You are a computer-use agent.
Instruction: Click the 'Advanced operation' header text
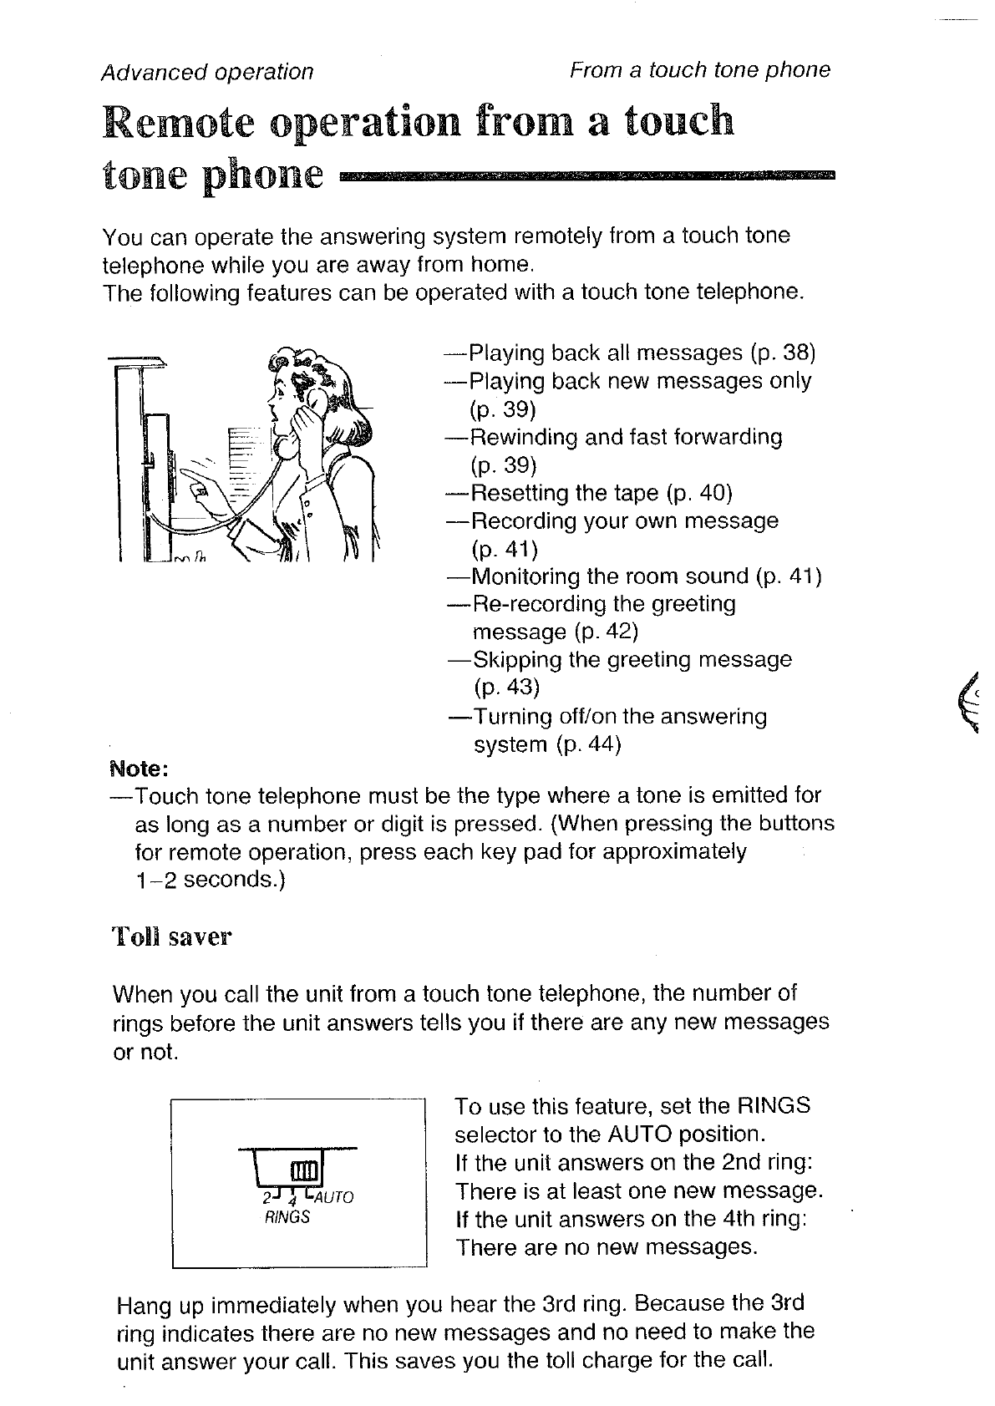206,72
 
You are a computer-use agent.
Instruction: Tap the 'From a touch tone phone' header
699,69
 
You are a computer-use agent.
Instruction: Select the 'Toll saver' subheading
171,936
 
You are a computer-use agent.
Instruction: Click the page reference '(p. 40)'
700,493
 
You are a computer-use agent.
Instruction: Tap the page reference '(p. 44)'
588,744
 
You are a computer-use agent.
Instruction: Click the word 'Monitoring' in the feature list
525,576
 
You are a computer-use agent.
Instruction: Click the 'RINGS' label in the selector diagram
287,1216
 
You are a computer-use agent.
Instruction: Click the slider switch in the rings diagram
303,1169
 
